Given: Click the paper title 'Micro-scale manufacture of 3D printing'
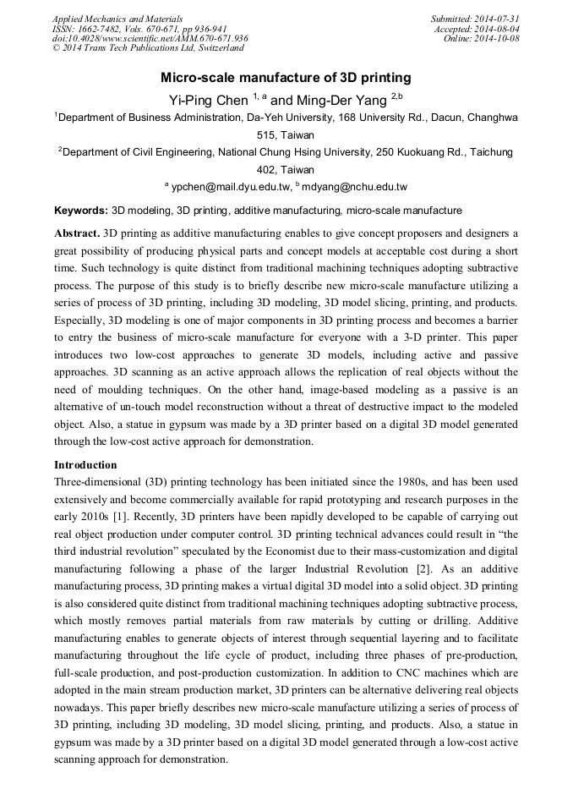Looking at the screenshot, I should (x=286, y=77).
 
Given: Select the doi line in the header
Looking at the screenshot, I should (x=150, y=38).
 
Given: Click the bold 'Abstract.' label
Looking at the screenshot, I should (x=77, y=233).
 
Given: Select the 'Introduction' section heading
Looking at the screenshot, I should (x=85, y=464).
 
